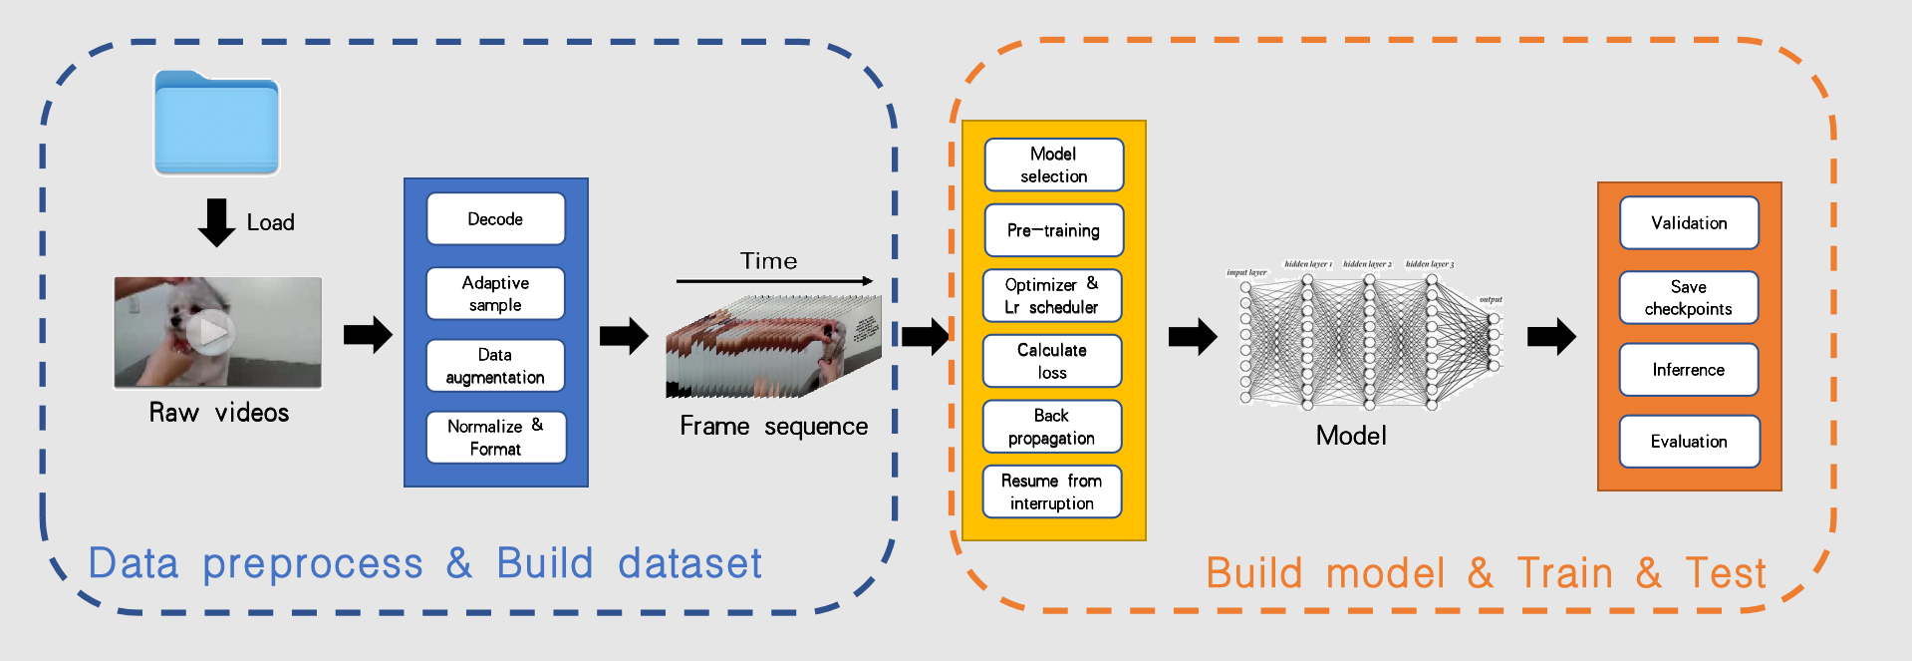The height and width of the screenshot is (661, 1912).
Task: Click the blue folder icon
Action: (216, 124)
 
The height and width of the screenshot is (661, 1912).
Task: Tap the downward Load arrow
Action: (216, 222)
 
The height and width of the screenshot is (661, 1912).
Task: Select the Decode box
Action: (495, 219)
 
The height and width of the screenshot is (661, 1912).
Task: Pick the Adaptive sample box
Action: (495, 294)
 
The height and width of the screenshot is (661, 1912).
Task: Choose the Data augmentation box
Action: (495, 366)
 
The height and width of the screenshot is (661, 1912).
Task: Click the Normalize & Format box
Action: (495, 438)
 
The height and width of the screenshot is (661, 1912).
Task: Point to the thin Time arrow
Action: (773, 281)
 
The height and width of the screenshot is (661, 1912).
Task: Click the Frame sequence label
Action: (773, 427)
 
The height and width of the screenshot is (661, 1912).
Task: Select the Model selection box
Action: (1053, 165)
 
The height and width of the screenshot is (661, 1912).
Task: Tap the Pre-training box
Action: (1053, 230)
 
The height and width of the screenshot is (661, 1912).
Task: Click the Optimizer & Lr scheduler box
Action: (1052, 296)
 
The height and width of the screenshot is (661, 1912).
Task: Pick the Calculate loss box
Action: (1052, 361)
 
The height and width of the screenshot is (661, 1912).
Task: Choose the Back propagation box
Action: (1052, 427)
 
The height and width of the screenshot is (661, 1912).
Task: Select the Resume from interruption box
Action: (1052, 492)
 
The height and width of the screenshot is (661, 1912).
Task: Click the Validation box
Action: (1689, 223)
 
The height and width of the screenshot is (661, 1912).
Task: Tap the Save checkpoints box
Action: (1689, 298)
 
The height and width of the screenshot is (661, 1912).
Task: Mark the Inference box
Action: (1689, 370)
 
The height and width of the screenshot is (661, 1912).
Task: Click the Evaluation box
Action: (1689, 442)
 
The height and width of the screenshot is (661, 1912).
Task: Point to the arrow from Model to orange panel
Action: (1551, 337)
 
